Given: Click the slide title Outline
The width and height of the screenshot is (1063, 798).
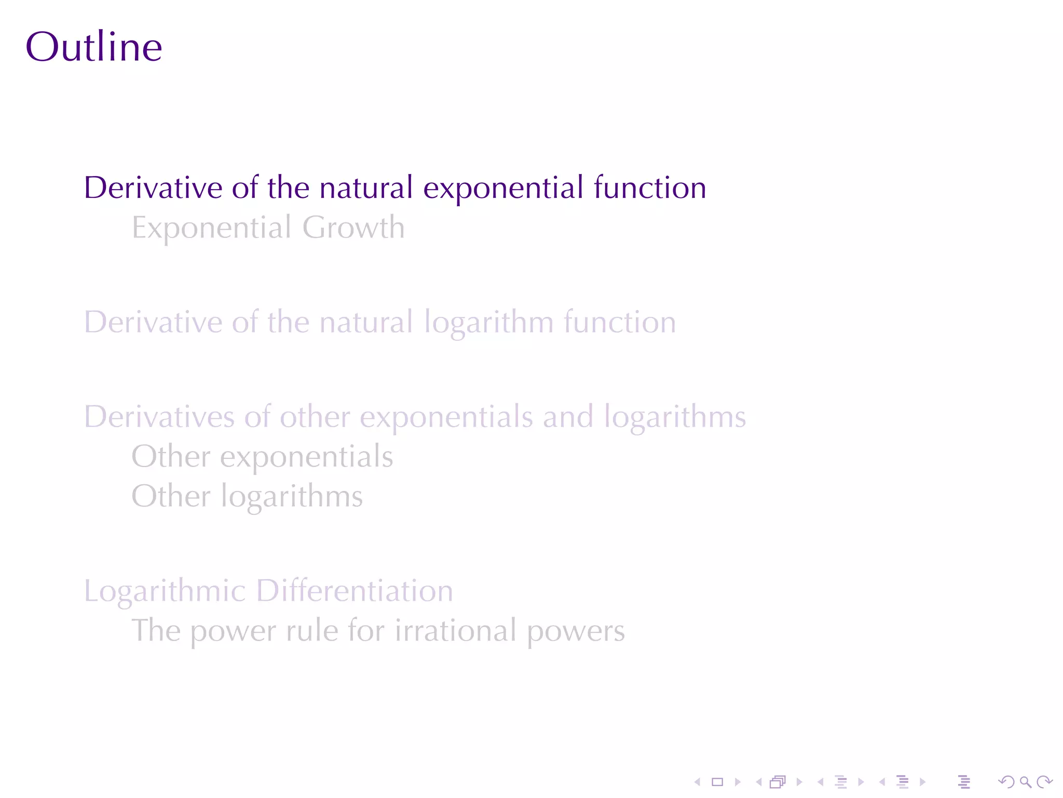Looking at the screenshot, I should [94, 47].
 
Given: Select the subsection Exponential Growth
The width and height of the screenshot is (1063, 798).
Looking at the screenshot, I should [268, 228].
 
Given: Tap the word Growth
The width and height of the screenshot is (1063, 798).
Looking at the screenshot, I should [353, 228].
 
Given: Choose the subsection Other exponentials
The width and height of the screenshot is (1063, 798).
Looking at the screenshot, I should [262, 457].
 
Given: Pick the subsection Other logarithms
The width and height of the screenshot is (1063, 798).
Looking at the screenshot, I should [247, 497].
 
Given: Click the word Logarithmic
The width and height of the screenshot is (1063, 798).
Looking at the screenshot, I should [165, 591].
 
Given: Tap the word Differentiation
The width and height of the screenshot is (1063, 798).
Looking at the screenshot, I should [355, 591].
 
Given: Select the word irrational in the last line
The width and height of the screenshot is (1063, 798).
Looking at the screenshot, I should [455, 631].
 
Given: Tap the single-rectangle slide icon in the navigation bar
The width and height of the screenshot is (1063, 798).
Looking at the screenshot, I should [717, 782].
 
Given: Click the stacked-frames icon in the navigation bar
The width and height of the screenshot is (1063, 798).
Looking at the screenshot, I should [778, 782].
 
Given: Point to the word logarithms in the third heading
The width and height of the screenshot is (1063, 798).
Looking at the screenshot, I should [675, 417].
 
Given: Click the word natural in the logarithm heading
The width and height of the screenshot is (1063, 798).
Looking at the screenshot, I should [366, 322].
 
